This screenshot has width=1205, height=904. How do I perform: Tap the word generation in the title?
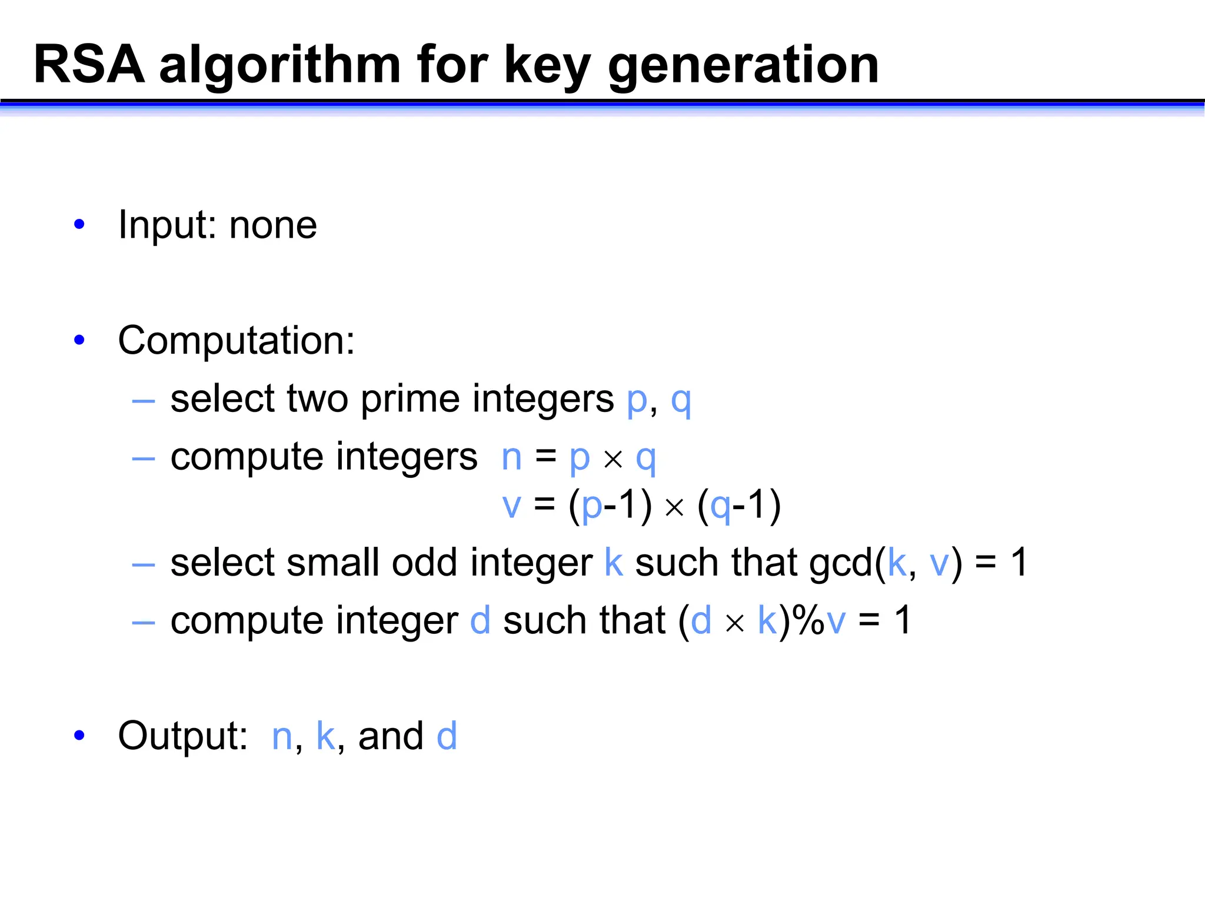(743, 66)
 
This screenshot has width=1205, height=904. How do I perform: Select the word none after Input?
(273, 225)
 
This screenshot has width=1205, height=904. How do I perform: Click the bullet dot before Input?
(79, 224)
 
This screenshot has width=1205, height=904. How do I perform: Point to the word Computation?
(236, 341)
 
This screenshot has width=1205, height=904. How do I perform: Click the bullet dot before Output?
(79, 735)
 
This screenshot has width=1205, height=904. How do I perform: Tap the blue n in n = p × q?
(512, 457)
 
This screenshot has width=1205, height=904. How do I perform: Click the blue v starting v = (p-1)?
(512, 506)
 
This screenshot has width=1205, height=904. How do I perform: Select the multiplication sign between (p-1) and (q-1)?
(674, 507)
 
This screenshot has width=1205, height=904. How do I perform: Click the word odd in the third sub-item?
(424, 563)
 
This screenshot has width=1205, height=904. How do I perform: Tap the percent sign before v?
(808, 620)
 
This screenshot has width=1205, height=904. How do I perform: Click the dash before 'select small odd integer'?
(144, 565)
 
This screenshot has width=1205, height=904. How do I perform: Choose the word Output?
(183, 736)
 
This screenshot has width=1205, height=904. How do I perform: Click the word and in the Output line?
(391, 736)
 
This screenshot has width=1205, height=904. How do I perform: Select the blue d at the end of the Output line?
(447, 736)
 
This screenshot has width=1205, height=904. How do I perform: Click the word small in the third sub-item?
(332, 563)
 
